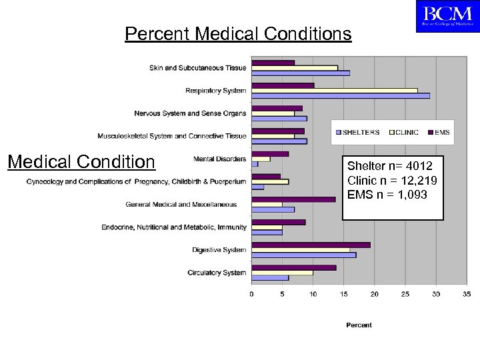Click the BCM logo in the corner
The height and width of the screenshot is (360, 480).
(447, 17)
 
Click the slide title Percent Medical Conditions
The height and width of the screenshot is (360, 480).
(238, 33)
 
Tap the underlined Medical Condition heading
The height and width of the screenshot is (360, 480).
(81, 162)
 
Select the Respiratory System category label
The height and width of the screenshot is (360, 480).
(215, 91)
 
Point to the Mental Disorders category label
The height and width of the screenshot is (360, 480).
(219, 159)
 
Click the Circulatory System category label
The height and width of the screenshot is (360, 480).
(217, 273)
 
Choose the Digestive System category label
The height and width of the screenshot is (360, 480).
(219, 250)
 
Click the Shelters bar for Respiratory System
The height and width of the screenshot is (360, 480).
(341, 96)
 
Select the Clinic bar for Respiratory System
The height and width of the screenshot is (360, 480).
(335, 90)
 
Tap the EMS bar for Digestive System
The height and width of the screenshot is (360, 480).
(311, 245)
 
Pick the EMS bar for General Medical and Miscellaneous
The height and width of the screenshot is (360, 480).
(293, 199)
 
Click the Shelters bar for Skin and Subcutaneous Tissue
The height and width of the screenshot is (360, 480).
(301, 73)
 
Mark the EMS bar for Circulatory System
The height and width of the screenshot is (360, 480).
(294, 267)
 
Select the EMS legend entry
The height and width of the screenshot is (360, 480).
(438, 132)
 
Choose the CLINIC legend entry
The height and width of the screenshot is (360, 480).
(402, 132)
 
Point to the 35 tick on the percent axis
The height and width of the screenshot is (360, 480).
(466, 293)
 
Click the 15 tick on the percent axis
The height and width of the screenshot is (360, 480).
(344, 293)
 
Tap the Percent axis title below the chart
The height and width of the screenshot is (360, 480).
(359, 325)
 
